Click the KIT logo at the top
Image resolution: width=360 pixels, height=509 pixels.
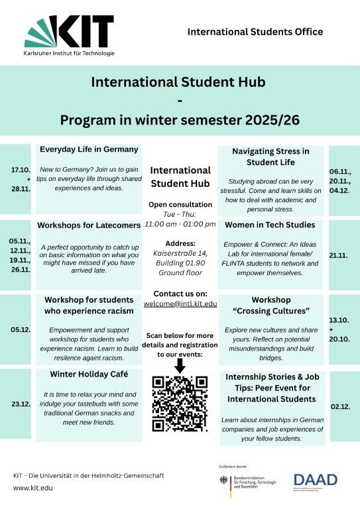click(70, 33)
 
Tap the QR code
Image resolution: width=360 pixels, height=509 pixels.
click(180, 404)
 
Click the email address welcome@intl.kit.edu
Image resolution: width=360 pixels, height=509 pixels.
click(180, 304)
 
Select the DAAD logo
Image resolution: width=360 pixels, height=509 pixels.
click(316, 480)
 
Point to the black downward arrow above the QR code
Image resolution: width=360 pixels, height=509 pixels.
click(180, 364)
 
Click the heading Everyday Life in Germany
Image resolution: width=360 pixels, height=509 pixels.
click(89, 149)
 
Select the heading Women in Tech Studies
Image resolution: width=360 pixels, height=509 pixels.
click(270, 225)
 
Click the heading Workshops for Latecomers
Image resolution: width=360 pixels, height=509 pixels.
click(89, 225)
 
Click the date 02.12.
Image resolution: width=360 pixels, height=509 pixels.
click(339, 406)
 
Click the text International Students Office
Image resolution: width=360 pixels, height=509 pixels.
click(255, 31)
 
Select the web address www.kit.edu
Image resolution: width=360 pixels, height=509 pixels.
click(34, 488)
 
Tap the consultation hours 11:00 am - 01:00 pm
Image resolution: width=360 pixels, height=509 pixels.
click(180, 224)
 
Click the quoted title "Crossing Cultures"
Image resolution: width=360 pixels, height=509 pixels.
click(270, 311)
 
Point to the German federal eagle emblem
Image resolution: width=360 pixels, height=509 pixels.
click(224, 482)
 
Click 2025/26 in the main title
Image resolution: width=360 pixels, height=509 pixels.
click(269, 120)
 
